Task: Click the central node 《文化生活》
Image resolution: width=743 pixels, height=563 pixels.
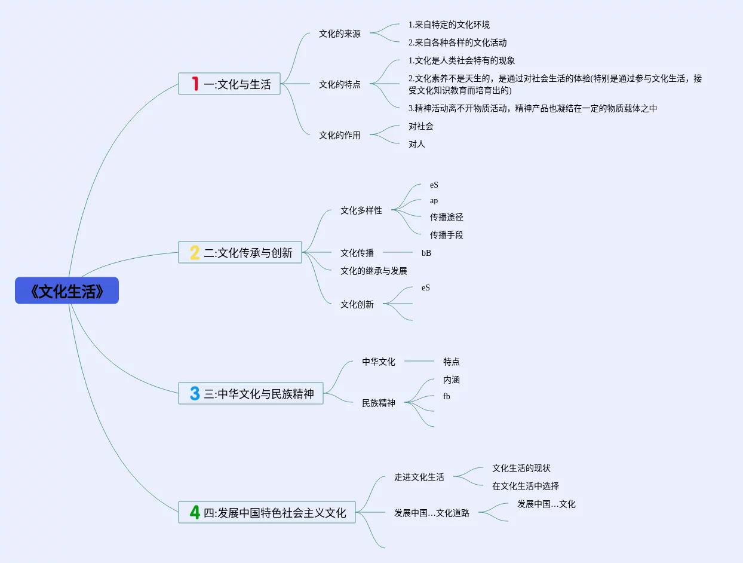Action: pyautogui.click(x=67, y=290)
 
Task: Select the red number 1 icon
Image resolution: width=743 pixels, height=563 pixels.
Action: pyautogui.click(x=195, y=84)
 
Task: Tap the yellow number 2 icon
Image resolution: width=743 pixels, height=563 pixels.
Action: pyautogui.click(x=195, y=252)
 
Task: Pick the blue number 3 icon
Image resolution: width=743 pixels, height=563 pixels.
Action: pyautogui.click(x=195, y=393)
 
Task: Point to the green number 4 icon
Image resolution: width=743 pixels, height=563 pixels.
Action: pyautogui.click(x=195, y=512)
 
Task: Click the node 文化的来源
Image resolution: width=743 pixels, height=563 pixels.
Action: pyautogui.click(x=339, y=33)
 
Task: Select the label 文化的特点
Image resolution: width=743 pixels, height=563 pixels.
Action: pyautogui.click(x=339, y=84)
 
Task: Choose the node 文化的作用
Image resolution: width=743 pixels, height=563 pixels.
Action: pyautogui.click(x=339, y=135)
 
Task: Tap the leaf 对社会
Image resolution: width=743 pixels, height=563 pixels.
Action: pyautogui.click(x=420, y=126)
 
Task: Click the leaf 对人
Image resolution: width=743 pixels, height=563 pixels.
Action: pyautogui.click(x=417, y=144)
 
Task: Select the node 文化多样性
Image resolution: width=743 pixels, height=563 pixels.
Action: pyautogui.click(x=361, y=210)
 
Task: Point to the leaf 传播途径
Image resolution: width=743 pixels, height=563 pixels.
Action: pyautogui.click(x=447, y=217)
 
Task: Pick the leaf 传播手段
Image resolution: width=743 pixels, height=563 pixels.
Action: pyautogui.click(x=447, y=235)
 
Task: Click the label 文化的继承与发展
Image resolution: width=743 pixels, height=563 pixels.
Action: pyautogui.click(x=374, y=271)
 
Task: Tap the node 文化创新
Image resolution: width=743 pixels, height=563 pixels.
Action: pyautogui.click(x=357, y=304)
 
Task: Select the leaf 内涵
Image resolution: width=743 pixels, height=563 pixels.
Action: pyautogui.click(x=451, y=380)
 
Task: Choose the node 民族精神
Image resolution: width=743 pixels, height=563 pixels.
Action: pyautogui.click(x=379, y=403)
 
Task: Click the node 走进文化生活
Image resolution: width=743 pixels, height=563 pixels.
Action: pyautogui.click(x=419, y=477)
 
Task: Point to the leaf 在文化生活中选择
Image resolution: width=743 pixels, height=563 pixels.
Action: pyautogui.click(x=526, y=486)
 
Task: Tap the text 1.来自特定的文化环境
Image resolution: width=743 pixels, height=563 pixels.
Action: pyautogui.click(x=449, y=25)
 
